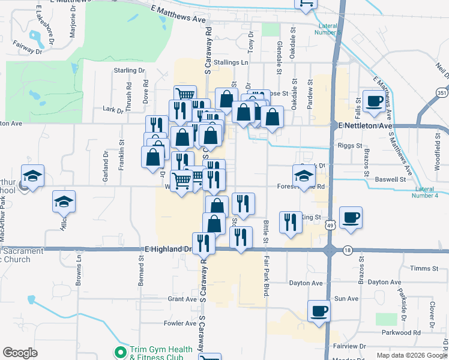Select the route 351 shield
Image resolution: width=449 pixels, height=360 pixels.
(x=442, y=93)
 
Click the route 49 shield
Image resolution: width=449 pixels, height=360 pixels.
(x=330, y=224)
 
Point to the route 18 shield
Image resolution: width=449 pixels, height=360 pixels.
(x=348, y=250)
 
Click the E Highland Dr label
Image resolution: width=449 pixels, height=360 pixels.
(x=168, y=248)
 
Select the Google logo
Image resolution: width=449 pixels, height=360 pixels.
(x=20, y=353)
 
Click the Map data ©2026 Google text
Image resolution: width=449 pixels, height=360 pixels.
(x=412, y=355)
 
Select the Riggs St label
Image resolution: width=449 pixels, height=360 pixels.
(x=350, y=145)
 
